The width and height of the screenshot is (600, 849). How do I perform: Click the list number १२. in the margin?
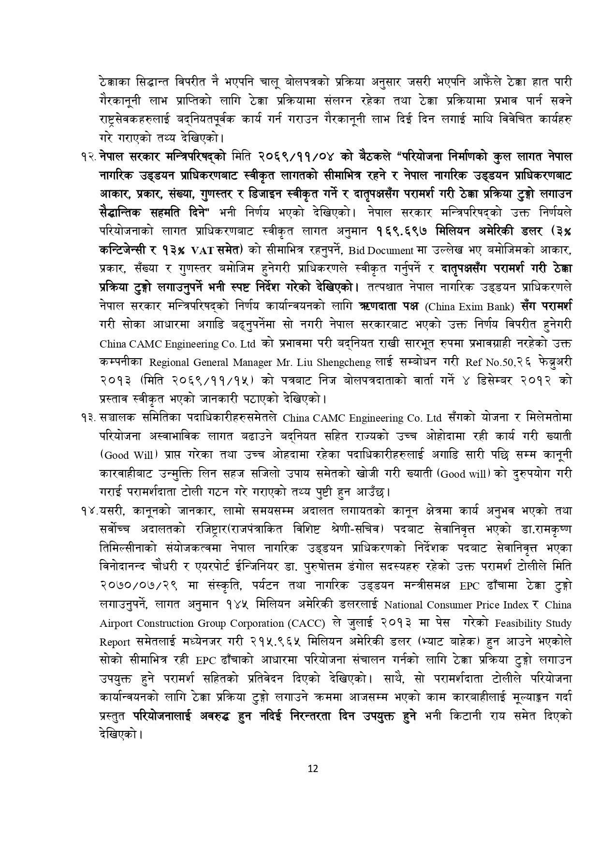[x=90, y=157]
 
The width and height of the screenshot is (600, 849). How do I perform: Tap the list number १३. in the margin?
[x=90, y=418]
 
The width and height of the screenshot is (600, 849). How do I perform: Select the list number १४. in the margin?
[x=90, y=511]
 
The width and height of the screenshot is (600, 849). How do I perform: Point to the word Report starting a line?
[x=115, y=642]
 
